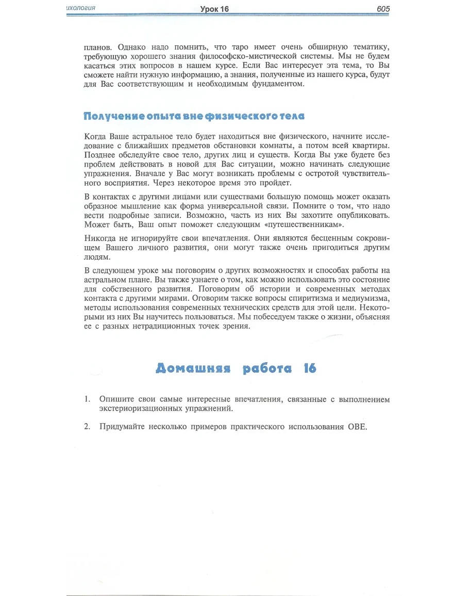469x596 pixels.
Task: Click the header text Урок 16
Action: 215,9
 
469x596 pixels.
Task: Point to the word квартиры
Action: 368,146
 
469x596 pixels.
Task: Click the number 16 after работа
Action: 310,368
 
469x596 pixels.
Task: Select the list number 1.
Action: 88,399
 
